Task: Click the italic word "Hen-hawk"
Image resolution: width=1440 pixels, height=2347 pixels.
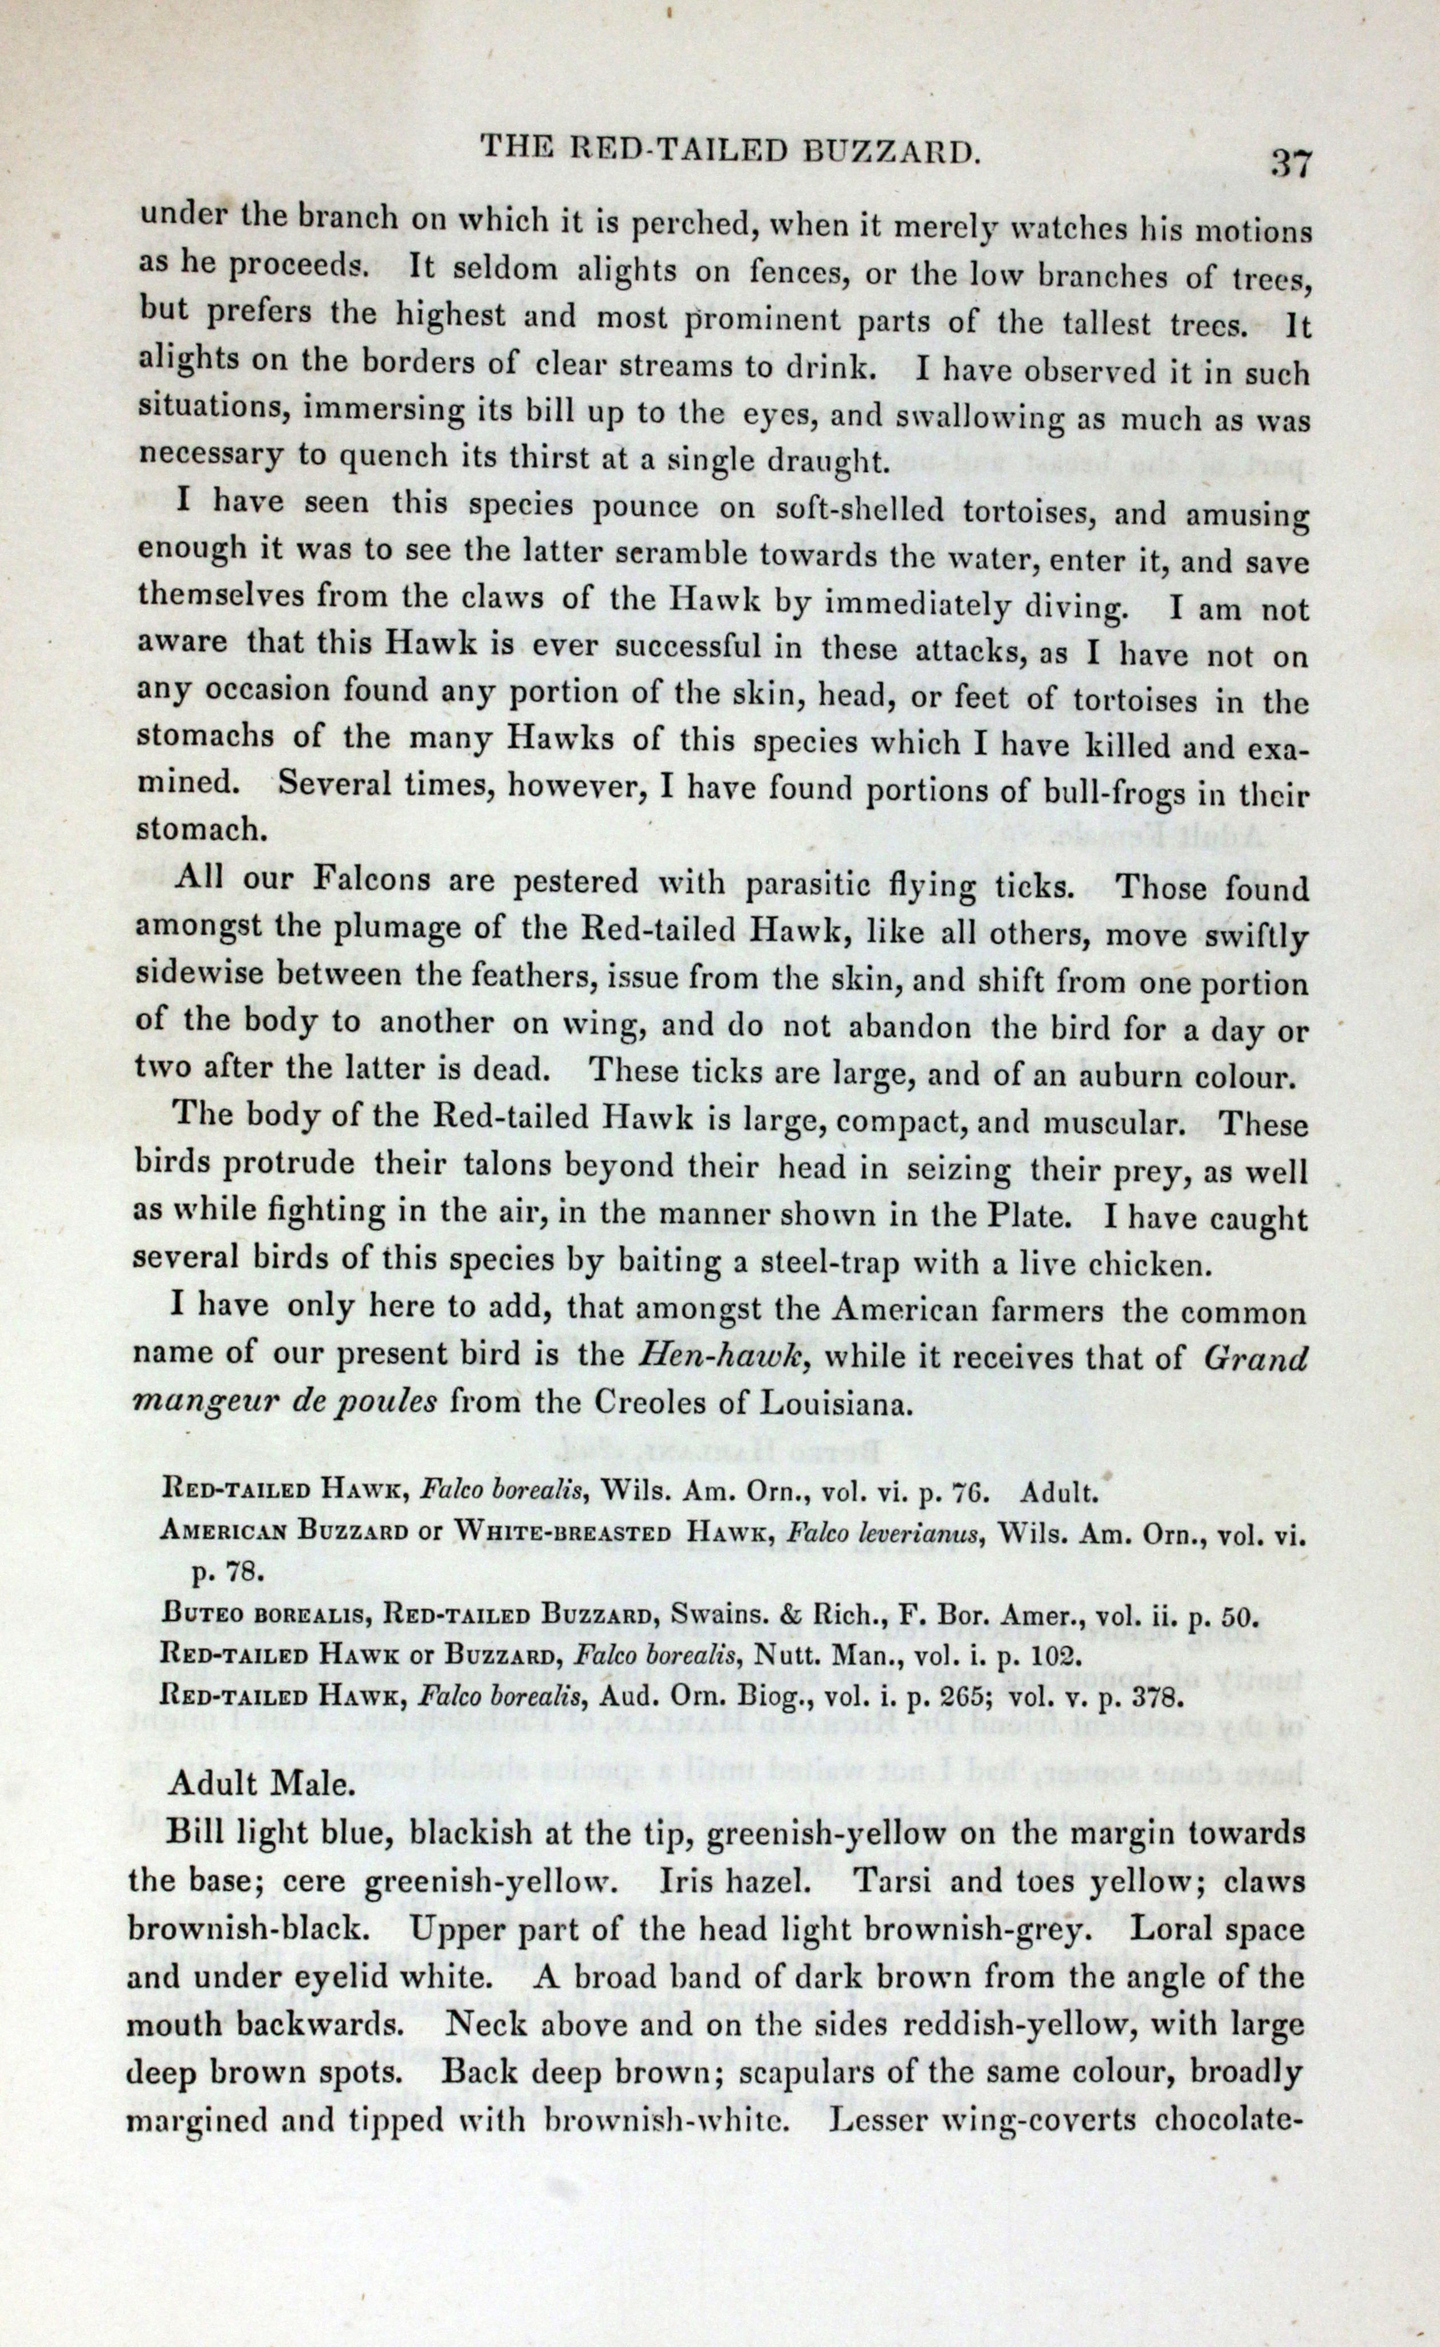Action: click(x=721, y=1356)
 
